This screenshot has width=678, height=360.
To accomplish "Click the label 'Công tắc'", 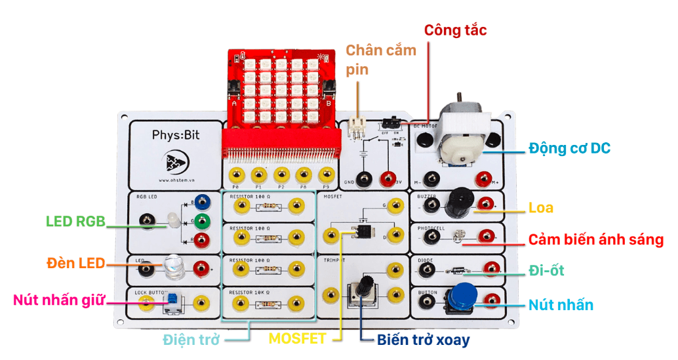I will pos(455,30).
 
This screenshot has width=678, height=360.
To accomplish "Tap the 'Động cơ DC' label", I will pos(569,148).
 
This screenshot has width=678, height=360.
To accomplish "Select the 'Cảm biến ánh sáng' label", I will pos(596,239).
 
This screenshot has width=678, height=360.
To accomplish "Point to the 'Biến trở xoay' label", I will pos(423,340).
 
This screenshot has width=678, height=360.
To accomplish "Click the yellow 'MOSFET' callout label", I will pos(297,339).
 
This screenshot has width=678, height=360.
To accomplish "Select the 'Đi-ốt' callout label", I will pos(546,270).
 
